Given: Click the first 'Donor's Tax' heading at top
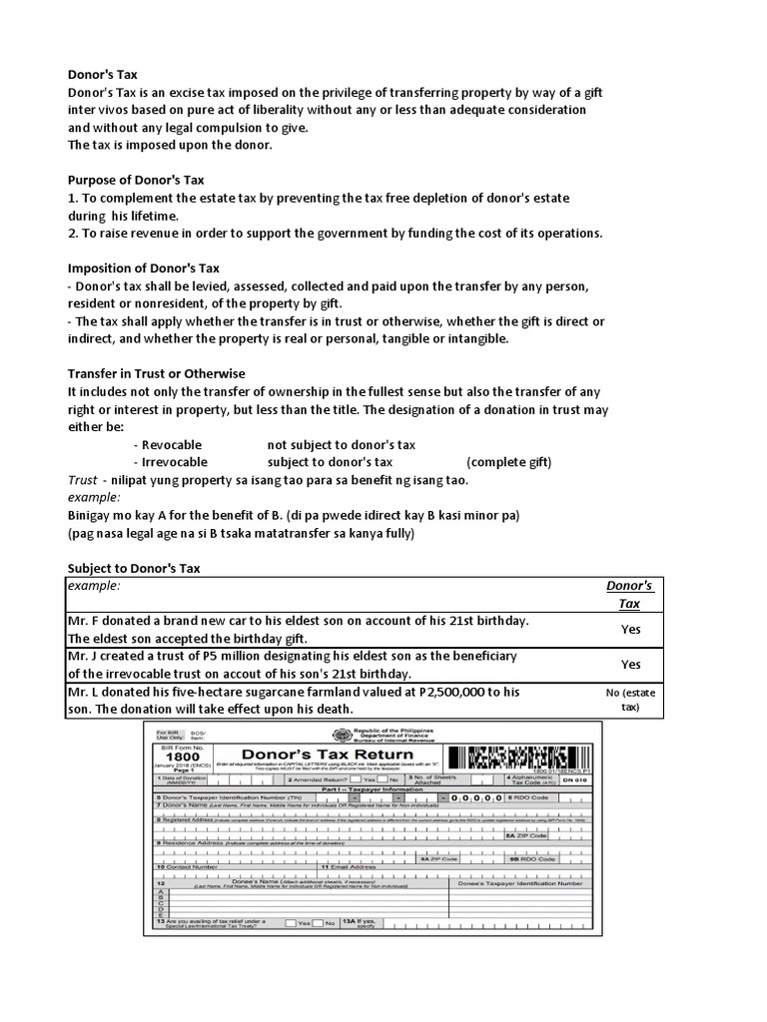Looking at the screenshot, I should point(102,73).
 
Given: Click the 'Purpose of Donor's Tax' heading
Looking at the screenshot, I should point(135,180).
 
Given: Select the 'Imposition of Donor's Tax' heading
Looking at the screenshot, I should point(144,268).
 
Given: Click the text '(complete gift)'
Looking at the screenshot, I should point(507,462).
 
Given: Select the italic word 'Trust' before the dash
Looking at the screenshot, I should point(82,480).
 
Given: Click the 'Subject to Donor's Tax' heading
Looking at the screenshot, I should point(134,568).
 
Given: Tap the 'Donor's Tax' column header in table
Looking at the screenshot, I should point(630,595).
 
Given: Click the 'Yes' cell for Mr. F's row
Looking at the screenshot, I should point(630,630).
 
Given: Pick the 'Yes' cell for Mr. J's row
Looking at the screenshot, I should point(630,664).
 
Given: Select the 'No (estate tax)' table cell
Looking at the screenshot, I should point(630,699).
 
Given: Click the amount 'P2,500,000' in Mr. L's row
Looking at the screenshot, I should point(455,692).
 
